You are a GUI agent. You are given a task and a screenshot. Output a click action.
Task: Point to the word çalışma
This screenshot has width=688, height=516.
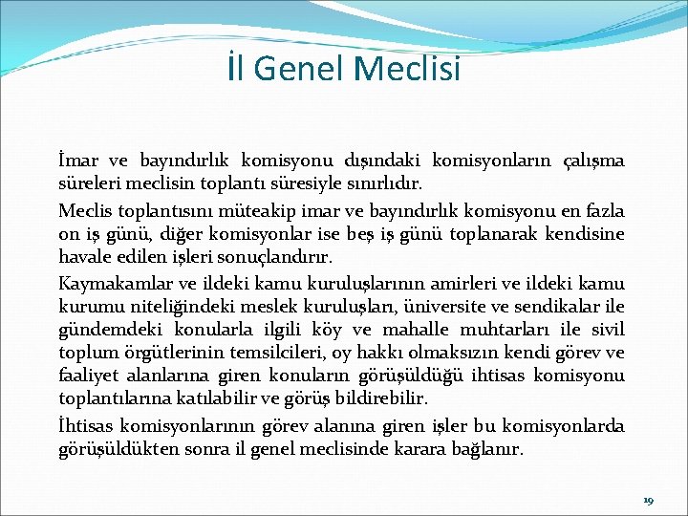pos(586,160)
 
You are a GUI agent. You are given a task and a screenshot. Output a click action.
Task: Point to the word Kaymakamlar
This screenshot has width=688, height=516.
pos(113,284)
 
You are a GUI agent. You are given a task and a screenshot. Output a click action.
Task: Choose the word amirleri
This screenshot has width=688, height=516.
pos(459,284)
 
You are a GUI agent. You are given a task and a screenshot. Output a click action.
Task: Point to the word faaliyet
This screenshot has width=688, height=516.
pos(89,376)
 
